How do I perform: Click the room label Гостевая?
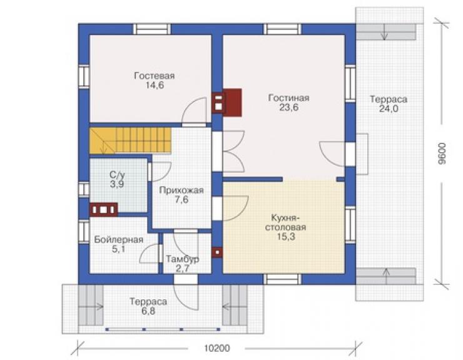tap(155, 76)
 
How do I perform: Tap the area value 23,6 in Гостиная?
tap(289, 108)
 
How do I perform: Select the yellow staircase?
tap(130, 140)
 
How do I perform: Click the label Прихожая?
tap(181, 190)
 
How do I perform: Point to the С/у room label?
tap(117, 175)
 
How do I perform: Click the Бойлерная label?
tap(119, 240)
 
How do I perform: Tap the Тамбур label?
tap(183, 259)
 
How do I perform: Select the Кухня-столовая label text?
tap(285, 223)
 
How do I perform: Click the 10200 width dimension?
tap(216, 349)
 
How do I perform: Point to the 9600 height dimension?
tap(442, 153)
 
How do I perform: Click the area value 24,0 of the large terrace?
tap(389, 109)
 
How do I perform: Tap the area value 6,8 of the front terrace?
tap(148, 311)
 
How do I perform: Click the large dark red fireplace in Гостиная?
tap(226, 102)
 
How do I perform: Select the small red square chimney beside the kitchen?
tap(218, 252)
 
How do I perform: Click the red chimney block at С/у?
tap(103, 210)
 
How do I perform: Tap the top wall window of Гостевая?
tap(152, 29)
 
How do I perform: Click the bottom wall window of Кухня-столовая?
tap(282, 279)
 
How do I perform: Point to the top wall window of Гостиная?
tap(282, 29)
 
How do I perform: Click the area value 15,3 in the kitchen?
tap(286, 237)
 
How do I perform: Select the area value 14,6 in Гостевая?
tap(155, 85)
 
